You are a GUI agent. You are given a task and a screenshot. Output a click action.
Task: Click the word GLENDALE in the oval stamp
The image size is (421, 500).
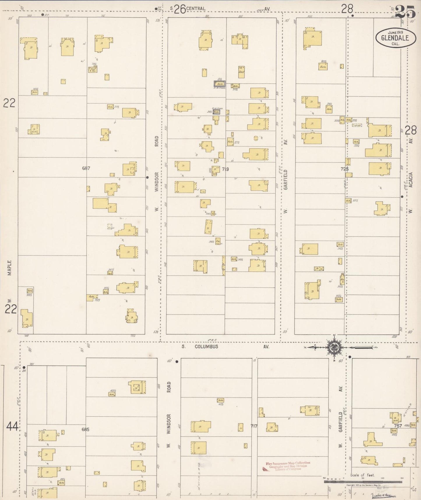click(x=395, y=38)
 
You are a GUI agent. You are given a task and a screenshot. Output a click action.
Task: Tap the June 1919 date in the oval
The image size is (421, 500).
click(x=395, y=32)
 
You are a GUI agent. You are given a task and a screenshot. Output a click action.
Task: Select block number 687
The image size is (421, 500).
click(x=86, y=168)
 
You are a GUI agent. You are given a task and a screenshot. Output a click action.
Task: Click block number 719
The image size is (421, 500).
click(x=225, y=169)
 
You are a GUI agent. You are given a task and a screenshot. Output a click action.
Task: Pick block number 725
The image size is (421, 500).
click(x=344, y=169)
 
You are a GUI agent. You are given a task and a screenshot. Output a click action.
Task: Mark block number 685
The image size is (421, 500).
click(x=85, y=429)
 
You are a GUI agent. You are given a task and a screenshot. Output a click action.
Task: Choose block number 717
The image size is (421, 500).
click(x=254, y=426)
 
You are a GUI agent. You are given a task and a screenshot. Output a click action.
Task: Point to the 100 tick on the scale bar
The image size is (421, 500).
click(x=382, y=479)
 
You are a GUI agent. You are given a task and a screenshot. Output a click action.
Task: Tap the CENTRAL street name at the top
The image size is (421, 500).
click(x=196, y=9)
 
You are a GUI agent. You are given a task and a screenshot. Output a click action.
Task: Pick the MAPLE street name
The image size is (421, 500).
click(x=10, y=268)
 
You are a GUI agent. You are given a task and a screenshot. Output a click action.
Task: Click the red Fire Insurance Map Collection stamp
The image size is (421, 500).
click(x=288, y=466)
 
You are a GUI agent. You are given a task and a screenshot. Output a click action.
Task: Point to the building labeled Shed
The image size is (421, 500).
click(x=241, y=72)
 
